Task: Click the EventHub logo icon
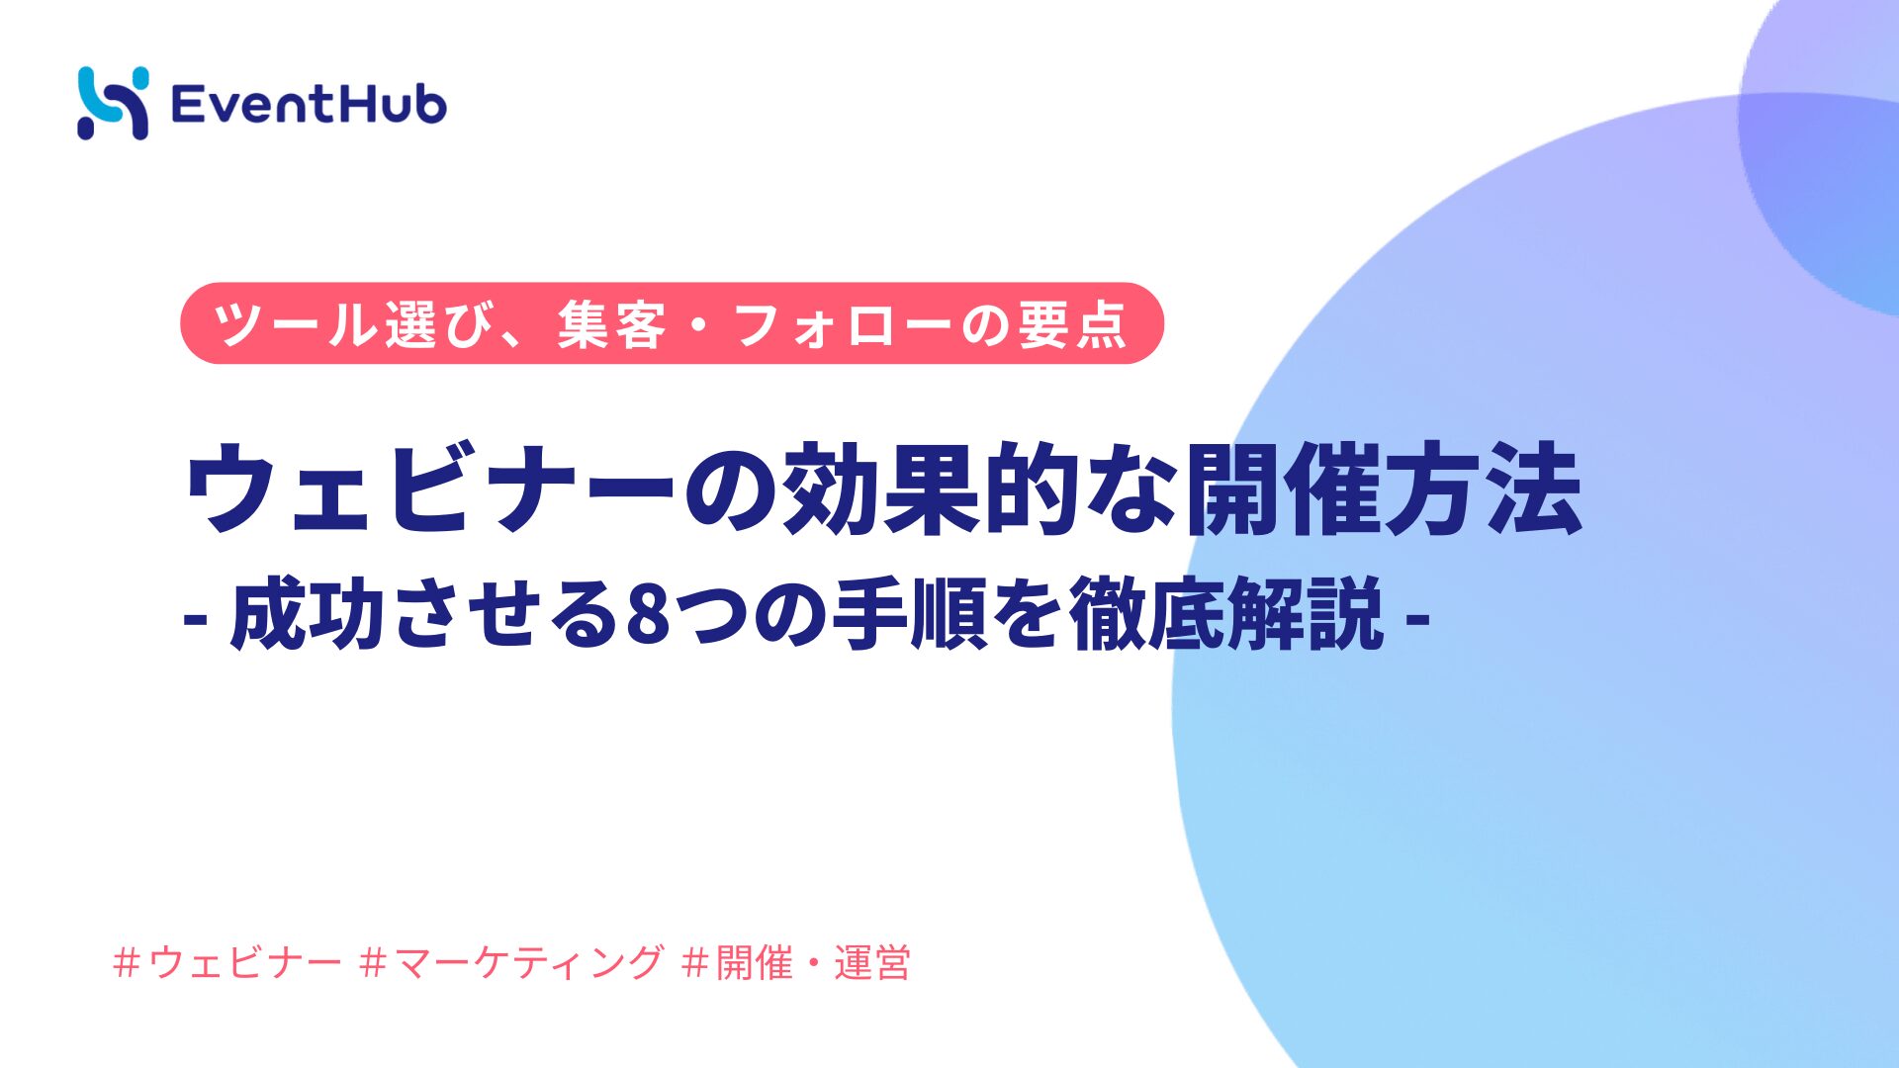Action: click(x=113, y=103)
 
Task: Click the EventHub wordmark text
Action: click(x=309, y=104)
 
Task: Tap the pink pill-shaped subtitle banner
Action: click(x=672, y=323)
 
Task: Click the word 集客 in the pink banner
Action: click(x=612, y=324)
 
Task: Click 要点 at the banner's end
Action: click(x=1072, y=324)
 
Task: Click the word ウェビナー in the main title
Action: click(x=431, y=488)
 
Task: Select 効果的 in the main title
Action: click(x=929, y=488)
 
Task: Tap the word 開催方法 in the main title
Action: click(x=1384, y=488)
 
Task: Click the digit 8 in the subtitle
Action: click(x=649, y=614)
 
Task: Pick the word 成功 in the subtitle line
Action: click(x=308, y=613)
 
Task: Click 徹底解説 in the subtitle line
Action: click(x=1226, y=613)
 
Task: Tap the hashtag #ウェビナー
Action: click(x=227, y=962)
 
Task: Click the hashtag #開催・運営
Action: click(x=796, y=962)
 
